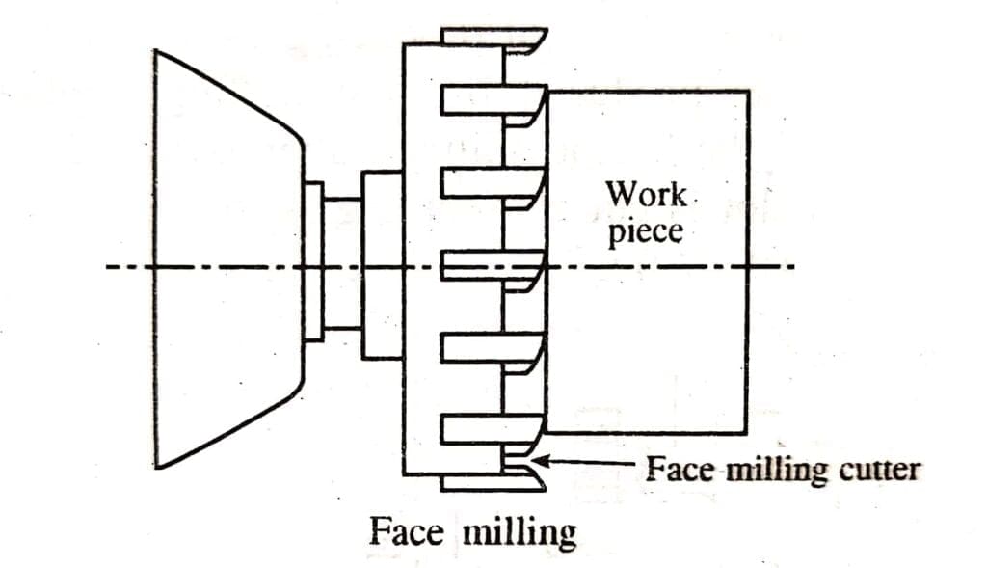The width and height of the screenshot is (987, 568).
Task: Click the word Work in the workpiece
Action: tap(646, 194)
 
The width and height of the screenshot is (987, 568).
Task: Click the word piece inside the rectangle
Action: tap(645, 232)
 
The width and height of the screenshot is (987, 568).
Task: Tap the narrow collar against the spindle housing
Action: tap(313, 260)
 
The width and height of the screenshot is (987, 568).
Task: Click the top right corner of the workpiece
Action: tap(748, 92)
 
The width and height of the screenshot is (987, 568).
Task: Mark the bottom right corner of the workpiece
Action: tap(748, 431)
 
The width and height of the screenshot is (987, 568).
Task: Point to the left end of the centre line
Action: tap(108, 267)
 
